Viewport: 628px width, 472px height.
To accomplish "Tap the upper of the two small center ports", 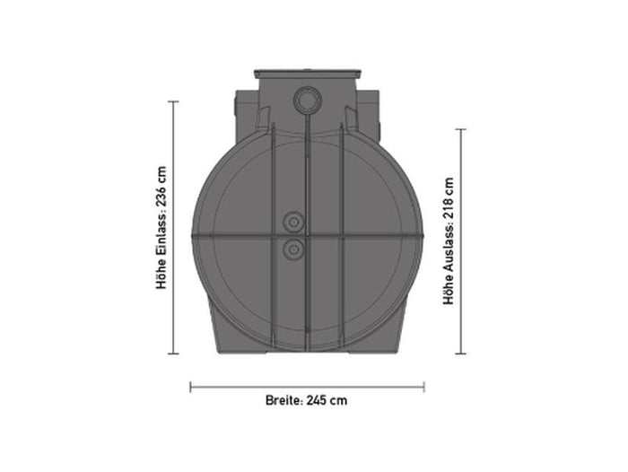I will [292, 222].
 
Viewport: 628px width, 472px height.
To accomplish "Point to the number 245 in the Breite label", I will [315, 400].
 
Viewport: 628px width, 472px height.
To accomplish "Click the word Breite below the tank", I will [282, 400].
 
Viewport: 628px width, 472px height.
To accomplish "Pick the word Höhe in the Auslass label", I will [449, 294].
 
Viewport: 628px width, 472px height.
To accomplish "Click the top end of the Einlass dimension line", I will [173, 101].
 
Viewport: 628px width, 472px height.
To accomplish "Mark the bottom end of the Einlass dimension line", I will [173, 354].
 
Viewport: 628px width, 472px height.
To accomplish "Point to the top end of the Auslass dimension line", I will [461, 129].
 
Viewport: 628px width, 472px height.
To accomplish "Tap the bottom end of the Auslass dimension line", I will [461, 354].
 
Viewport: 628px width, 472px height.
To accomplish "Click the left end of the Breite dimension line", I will [191, 388].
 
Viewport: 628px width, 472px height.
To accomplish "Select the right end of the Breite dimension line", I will [424, 388].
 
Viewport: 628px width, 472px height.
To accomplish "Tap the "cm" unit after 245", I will [338, 400].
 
